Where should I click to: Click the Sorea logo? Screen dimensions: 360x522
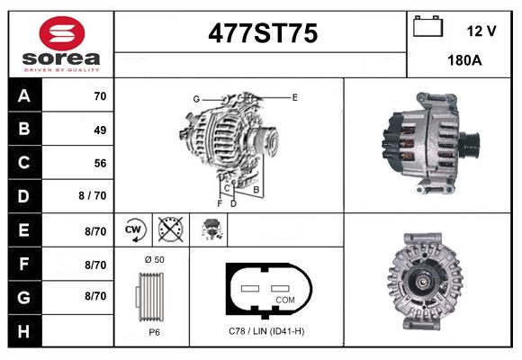tap(60, 42)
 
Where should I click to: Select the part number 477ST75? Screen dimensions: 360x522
tap(262, 33)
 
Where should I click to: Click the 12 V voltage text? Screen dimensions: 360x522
tap(481, 31)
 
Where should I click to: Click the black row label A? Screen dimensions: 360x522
tap(24, 95)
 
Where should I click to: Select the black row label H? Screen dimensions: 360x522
tap(24, 330)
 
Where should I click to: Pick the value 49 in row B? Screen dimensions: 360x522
tap(99, 130)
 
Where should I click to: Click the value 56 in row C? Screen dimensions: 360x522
tap(99, 163)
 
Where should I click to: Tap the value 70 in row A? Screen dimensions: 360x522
tap(99, 95)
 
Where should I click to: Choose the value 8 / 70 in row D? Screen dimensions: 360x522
tap(93, 195)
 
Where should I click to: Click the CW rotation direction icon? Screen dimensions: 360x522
tap(135, 230)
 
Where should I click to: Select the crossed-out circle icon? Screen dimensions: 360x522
tap(171, 230)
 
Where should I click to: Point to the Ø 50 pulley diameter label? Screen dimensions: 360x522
tap(154, 259)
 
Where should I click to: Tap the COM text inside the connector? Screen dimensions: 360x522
tap(285, 299)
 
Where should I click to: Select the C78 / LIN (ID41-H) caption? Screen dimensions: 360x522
tap(266, 331)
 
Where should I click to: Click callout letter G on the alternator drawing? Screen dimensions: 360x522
tap(195, 98)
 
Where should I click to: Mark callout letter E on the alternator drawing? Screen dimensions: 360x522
tap(294, 96)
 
